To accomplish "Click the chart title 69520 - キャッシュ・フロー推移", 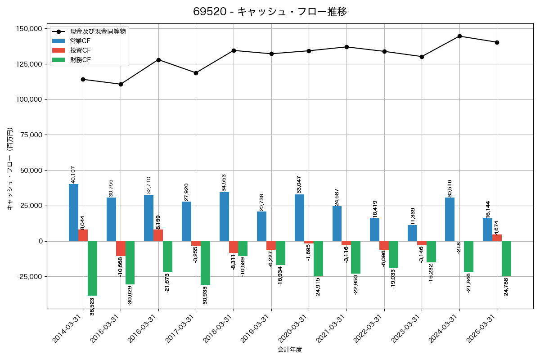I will coord(270,12).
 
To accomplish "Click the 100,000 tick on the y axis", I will coord(28,99).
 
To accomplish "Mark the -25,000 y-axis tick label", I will coord(28,277).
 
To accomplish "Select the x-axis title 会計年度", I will coord(290,350).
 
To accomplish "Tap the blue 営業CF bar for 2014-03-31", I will coord(73,212).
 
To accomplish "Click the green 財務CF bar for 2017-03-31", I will coord(205,263).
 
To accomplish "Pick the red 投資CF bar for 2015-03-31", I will coord(121,248).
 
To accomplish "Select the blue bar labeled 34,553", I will coord(224,216).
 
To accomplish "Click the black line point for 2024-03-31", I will coord(459,36).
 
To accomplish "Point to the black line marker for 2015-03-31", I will coord(121,84).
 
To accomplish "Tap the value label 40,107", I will coord(73,174).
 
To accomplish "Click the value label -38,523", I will coord(92,307).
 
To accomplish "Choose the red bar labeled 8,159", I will coord(158,235).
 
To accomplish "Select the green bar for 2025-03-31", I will coord(506,259).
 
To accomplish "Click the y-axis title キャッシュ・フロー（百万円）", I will coord(10,169).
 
